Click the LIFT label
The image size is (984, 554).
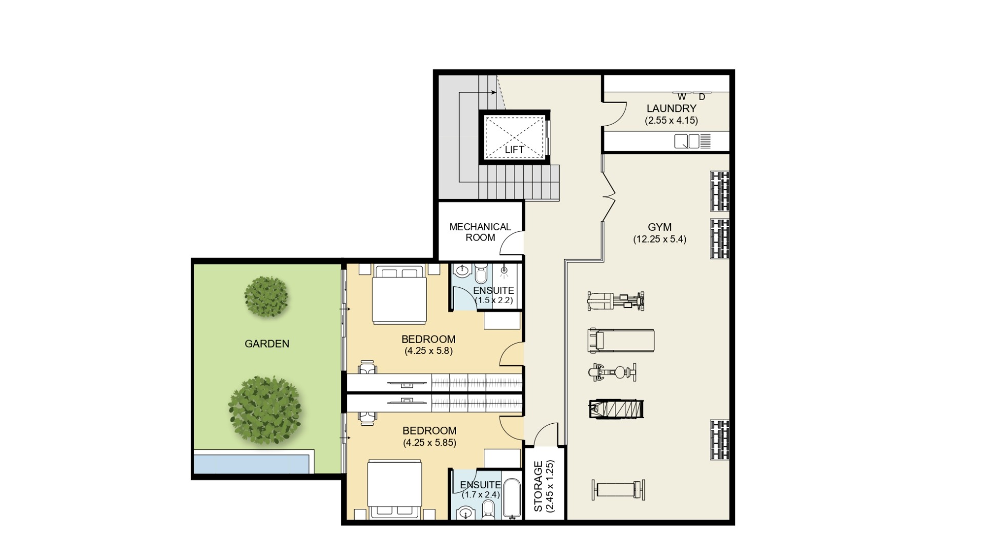(x=514, y=149)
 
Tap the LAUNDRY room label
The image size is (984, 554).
(x=671, y=109)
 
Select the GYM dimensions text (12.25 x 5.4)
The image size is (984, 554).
(x=660, y=239)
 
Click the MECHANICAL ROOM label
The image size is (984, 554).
(x=480, y=232)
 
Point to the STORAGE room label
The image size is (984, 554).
(x=538, y=487)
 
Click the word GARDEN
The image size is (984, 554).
(x=267, y=344)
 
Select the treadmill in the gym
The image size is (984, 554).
(x=621, y=341)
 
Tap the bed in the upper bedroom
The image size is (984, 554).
(x=399, y=294)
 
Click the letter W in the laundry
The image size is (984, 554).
(x=682, y=97)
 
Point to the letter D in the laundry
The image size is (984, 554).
(x=702, y=97)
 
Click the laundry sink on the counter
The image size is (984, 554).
(x=687, y=141)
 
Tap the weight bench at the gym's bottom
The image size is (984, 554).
(x=618, y=489)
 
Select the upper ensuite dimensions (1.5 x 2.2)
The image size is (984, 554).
(x=494, y=301)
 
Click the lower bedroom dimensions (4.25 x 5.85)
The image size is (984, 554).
(x=429, y=442)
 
